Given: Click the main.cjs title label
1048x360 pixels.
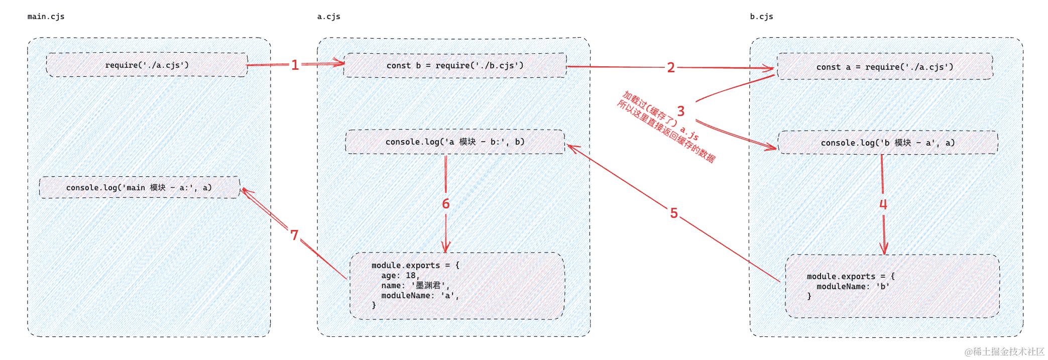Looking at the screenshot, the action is pyautogui.click(x=46, y=17).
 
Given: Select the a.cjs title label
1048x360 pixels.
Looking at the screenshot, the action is pyautogui.click(x=328, y=17).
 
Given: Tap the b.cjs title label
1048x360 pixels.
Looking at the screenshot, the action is pyautogui.click(x=761, y=17).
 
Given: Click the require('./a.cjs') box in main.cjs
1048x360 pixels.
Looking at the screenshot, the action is pyautogui.click(x=147, y=65).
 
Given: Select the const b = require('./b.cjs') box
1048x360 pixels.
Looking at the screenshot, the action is pyautogui.click(x=455, y=65).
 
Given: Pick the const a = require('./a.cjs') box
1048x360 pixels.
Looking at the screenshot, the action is pyautogui.click(x=885, y=67).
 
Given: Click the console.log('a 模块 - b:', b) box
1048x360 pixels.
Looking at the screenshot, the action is pyautogui.click(x=455, y=142).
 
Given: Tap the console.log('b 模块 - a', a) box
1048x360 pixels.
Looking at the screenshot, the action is pyautogui.click(x=888, y=143).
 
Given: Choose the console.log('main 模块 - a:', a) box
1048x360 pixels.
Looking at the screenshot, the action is pyautogui.click(x=139, y=187).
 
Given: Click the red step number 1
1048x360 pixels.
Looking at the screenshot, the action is pyautogui.click(x=295, y=65).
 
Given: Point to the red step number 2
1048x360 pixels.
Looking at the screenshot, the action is pyautogui.click(x=671, y=67).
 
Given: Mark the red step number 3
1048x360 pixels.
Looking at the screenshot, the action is pyautogui.click(x=681, y=111).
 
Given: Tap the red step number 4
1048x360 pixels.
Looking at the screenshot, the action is pyautogui.click(x=883, y=204).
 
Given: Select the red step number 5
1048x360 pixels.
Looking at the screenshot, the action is pyautogui.click(x=674, y=213).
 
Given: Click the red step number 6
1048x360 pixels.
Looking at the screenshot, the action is pyautogui.click(x=445, y=203).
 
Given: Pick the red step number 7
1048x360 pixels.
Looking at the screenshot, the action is pyautogui.click(x=294, y=235).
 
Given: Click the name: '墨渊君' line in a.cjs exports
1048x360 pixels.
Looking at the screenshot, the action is pyautogui.click(x=416, y=286).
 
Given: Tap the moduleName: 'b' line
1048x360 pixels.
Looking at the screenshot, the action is pyautogui.click(x=853, y=287).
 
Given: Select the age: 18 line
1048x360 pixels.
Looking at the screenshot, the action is pyautogui.click(x=400, y=276).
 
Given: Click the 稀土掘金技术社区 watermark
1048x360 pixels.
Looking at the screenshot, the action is pyautogui.click(x=1004, y=351).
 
